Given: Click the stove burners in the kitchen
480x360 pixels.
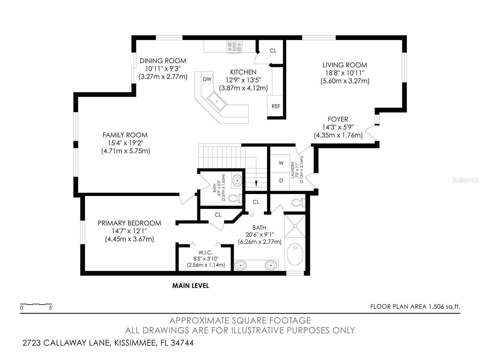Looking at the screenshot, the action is point(234,47).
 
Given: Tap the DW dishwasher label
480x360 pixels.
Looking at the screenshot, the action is point(207,79).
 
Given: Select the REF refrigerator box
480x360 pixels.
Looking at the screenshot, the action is point(275,106).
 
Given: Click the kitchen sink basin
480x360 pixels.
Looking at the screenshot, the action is point(217,101).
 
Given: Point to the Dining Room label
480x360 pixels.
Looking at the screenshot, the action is point(163,61).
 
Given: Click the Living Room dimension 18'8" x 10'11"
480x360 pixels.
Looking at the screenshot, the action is point(345,73).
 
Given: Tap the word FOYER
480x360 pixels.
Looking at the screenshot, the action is point(338,119).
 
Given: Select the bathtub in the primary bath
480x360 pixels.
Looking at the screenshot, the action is point(295,254).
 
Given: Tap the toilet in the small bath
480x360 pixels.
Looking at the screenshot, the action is point(235,198).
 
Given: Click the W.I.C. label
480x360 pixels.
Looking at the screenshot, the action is point(205,253).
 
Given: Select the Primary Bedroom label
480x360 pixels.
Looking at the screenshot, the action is point(129,223).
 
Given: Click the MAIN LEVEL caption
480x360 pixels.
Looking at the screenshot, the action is point(190,286).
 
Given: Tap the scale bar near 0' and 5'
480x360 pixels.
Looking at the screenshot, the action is point(36,304).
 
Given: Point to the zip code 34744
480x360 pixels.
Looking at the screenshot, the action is point(182,343).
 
